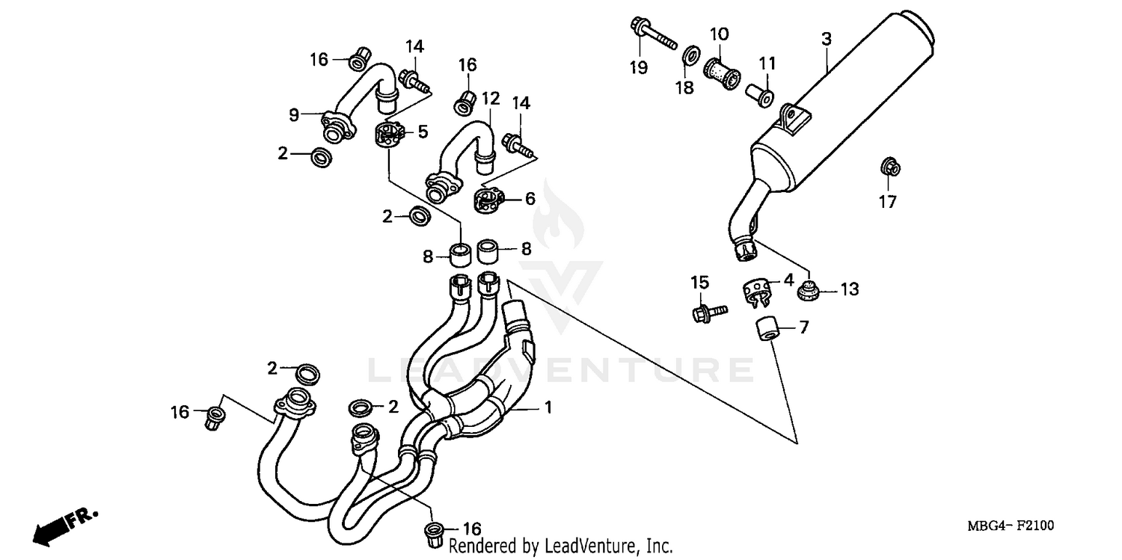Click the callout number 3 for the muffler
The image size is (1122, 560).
click(826, 40)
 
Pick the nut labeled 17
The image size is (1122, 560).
click(888, 167)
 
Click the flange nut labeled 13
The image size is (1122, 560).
click(809, 291)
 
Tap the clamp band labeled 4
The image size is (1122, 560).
click(757, 290)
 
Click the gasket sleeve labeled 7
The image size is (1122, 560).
click(766, 329)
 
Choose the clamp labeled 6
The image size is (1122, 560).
click(488, 200)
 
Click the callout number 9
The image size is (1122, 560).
click(294, 114)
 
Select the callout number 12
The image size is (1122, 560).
click(490, 98)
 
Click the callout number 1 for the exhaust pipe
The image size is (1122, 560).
click(548, 407)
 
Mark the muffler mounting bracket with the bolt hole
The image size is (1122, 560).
click(793, 118)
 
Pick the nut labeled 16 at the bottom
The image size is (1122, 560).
click(434, 532)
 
